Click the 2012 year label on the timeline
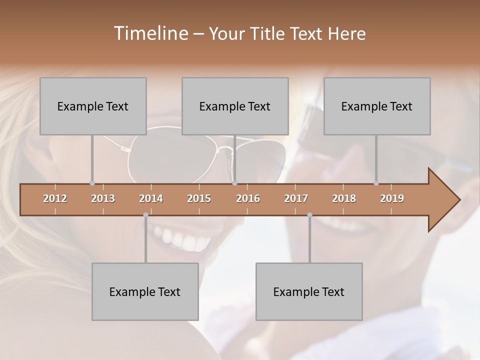point(55,198)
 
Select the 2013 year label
point(103,198)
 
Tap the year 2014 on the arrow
point(151,198)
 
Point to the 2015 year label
point(199,198)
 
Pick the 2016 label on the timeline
point(248,198)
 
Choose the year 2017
point(296,198)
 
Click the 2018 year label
point(344,198)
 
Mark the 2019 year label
point(392,198)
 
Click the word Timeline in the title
point(149,33)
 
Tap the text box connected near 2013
point(93,106)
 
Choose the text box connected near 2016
point(235,106)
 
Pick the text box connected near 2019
point(377,106)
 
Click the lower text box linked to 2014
point(145,291)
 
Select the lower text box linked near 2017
point(309,291)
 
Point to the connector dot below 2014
point(145,214)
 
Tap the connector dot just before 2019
point(376,183)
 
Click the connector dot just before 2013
point(92,183)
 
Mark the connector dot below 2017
point(309,214)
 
